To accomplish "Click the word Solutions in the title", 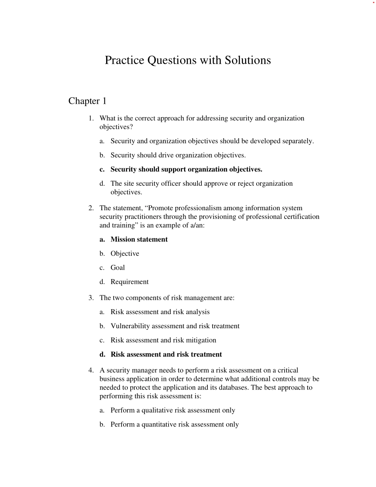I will pos(248,60).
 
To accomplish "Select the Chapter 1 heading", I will pos(87,101).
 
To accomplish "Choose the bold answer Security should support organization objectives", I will pos(186,169).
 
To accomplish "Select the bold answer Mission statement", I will pos(139,240).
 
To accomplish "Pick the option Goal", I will pos(118,268).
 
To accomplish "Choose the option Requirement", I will pos(129,282).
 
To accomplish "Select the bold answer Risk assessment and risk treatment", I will pos(166,355).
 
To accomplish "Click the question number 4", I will pos(91,371).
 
